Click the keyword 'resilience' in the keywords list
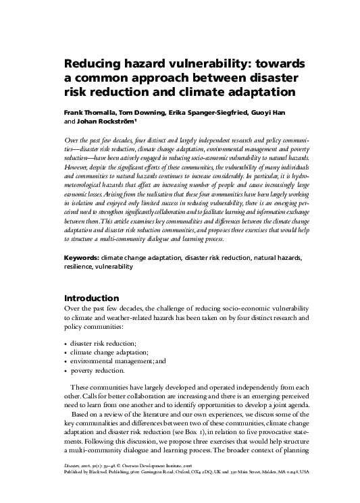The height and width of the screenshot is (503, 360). pyautogui.click(x=78, y=267)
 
